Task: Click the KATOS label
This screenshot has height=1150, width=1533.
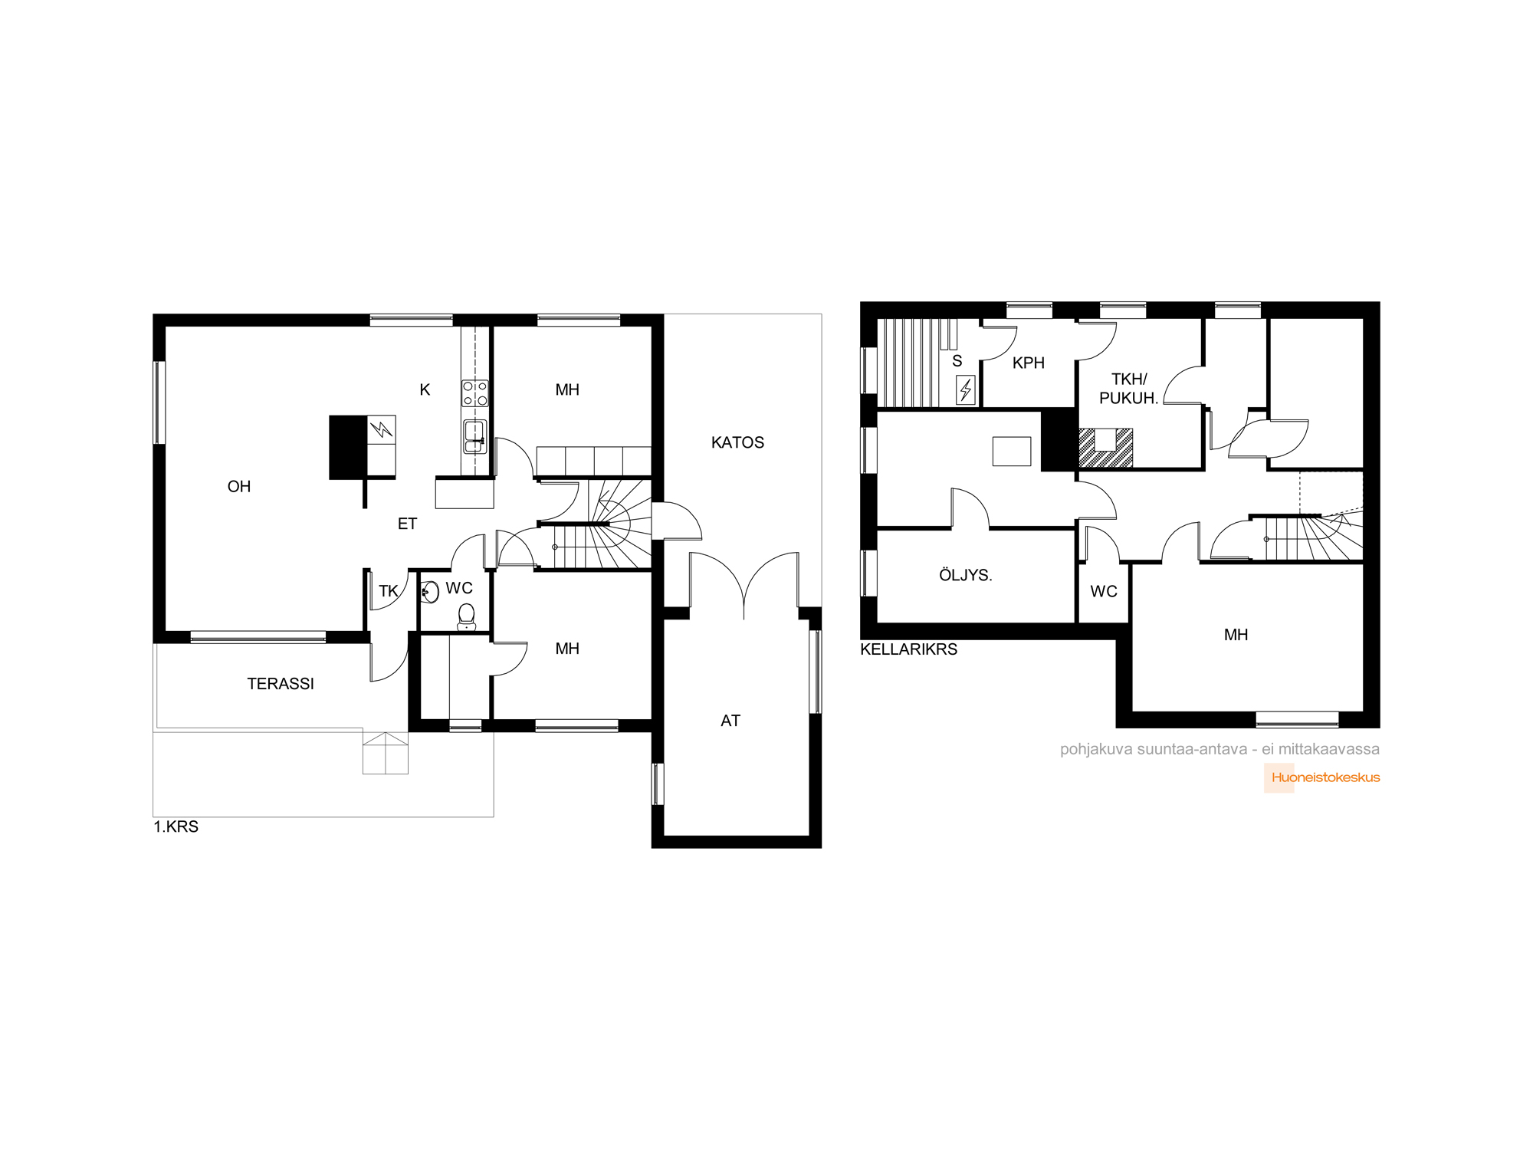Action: pos(737,442)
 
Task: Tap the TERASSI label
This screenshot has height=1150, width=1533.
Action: pos(281,684)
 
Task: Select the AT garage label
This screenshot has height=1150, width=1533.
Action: pos(730,721)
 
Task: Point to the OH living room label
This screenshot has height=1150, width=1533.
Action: pos(239,486)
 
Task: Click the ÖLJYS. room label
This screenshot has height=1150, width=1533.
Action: pos(966,575)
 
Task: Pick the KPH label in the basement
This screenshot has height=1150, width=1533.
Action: pos(1029,363)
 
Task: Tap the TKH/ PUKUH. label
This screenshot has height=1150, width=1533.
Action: pos(1129,389)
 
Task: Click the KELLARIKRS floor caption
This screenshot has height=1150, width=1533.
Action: pos(909,649)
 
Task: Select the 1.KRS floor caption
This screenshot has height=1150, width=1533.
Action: pos(176,826)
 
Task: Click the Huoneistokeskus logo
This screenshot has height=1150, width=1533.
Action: pos(1322,777)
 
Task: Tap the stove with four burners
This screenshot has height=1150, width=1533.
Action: pos(474,393)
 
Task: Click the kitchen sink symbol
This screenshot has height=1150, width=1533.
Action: pos(474,436)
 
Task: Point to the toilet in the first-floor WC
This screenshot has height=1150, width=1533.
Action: pos(466,616)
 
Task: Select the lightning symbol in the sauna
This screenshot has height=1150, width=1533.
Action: pos(966,389)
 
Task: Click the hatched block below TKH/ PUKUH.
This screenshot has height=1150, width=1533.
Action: pos(1106,448)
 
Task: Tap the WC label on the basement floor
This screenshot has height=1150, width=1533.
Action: pos(1104,591)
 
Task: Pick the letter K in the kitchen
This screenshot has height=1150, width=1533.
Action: pos(425,389)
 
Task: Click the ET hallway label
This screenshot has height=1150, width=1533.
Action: pos(407,524)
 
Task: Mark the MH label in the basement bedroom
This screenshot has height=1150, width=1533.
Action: pos(1236,635)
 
